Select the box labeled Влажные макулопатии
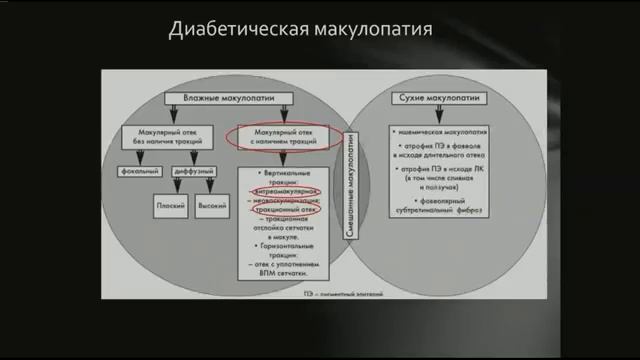pos(225,97)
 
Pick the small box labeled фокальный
pos(140,172)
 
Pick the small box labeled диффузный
pos(194,172)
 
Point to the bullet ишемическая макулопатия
pos(442,132)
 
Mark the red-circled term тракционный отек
pos(288,210)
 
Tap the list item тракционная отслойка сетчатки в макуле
pos(289,229)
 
